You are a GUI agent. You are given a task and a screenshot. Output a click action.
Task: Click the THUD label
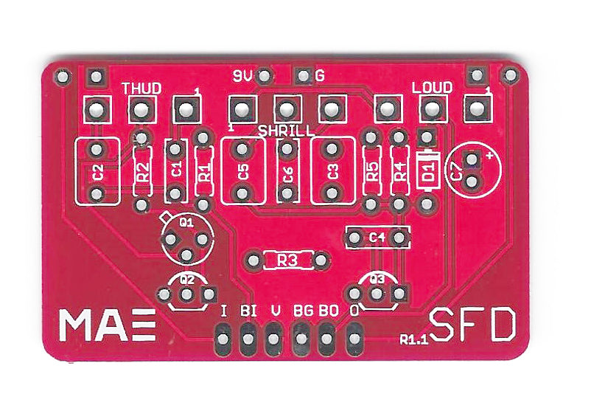141,89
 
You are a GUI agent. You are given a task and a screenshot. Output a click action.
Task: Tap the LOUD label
432,88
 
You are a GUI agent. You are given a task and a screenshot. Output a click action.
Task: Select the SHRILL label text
286,131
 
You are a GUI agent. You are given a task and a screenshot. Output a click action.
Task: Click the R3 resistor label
287,260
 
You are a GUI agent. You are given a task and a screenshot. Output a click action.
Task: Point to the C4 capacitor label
377,238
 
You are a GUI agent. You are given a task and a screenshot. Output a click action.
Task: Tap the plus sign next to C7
489,156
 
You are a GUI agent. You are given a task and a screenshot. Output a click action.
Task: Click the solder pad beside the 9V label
265,76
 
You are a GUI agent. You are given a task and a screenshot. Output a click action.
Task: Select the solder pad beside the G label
303,76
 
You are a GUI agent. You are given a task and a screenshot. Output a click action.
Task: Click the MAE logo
108,325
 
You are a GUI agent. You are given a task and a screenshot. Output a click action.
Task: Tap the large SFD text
472,325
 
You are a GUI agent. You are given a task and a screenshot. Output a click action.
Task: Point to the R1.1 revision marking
414,339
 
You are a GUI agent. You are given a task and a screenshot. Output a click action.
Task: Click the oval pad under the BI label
248,339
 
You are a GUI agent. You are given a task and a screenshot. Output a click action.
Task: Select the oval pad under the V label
274,339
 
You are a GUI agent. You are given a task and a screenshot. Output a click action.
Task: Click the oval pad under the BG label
301,339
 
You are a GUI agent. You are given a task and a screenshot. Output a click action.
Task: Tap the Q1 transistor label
186,222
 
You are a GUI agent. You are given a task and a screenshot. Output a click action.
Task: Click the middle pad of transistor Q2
186,294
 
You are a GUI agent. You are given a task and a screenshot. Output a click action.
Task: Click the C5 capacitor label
243,172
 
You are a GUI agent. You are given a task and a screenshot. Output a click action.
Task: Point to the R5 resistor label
372,171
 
